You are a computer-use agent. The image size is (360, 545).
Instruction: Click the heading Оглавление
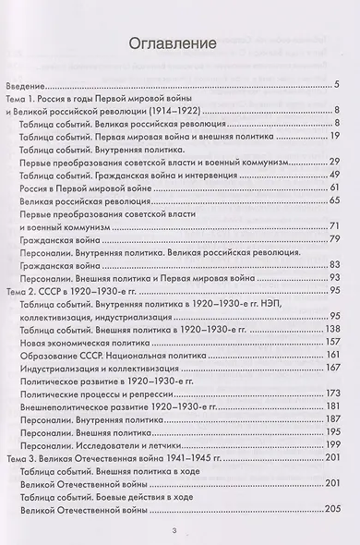point(180,43)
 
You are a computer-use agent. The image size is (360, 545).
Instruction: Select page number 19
point(335,136)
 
